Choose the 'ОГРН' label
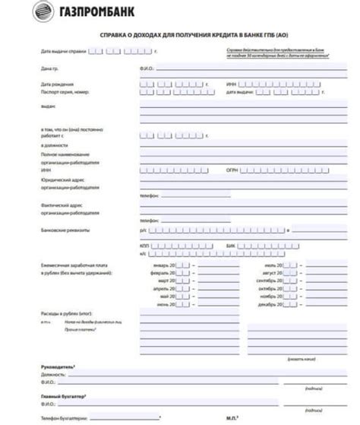point(232,171)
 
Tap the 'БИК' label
point(231,247)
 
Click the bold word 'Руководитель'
point(57,367)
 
